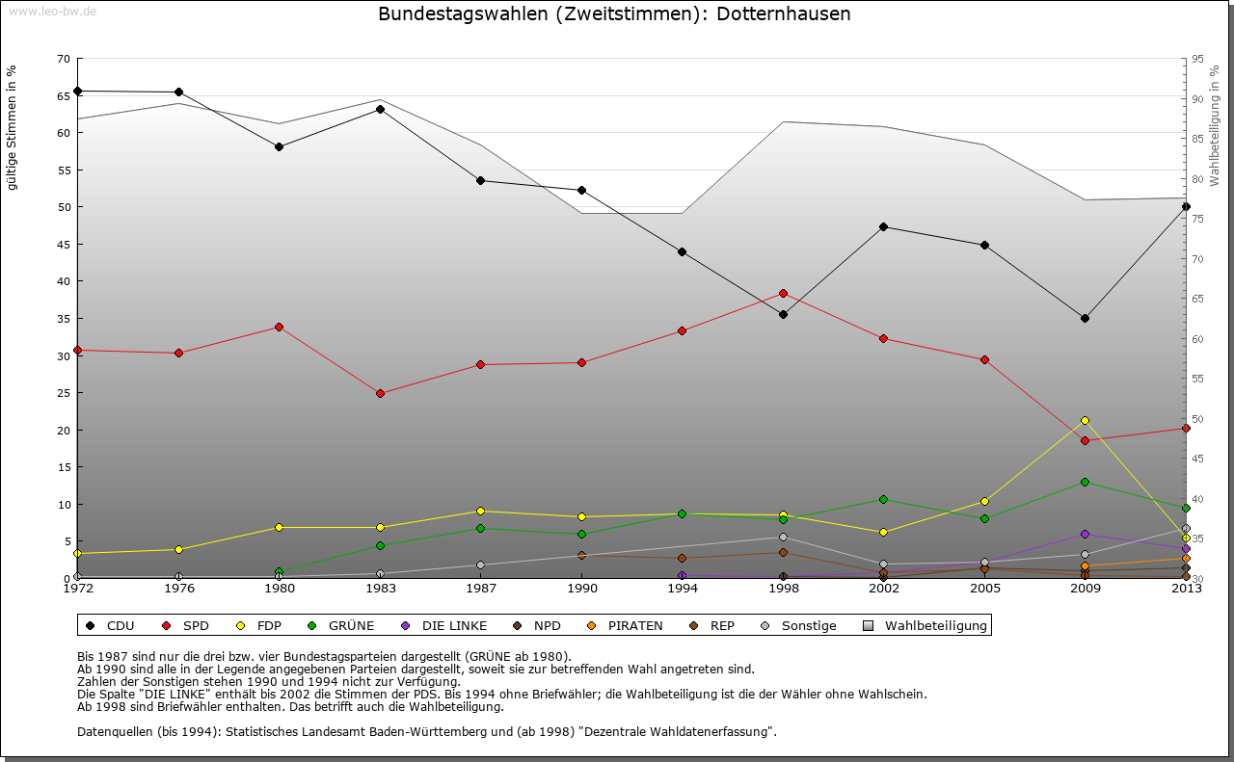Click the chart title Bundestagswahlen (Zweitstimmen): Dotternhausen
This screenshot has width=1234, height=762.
click(614, 14)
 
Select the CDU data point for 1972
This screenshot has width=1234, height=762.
click(77, 92)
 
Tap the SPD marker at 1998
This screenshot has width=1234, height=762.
click(783, 293)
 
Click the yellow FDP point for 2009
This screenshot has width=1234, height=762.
click(1085, 420)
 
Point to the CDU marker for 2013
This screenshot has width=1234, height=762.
click(1186, 206)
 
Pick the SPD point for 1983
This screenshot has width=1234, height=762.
click(380, 393)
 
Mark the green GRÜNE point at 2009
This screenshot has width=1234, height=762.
click(1085, 482)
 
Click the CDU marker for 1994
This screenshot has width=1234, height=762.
click(682, 251)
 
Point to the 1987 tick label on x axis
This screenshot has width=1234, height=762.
click(480, 589)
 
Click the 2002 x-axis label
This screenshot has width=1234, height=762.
click(883, 589)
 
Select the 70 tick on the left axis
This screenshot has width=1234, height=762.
click(63, 59)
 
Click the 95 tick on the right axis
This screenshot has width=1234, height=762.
click(1196, 59)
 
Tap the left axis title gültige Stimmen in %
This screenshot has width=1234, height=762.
click(12, 128)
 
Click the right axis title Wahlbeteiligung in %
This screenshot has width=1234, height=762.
click(1214, 125)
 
